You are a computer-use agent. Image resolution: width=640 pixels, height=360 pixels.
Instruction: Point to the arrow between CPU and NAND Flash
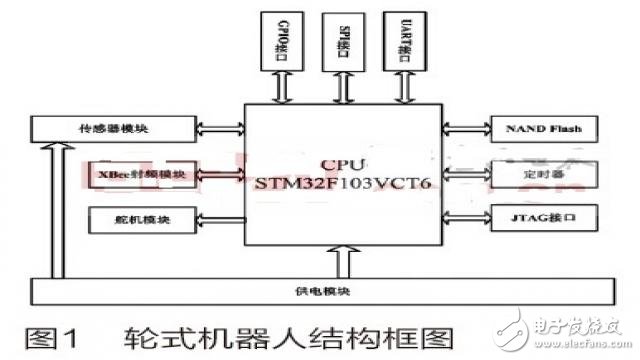tap(465, 129)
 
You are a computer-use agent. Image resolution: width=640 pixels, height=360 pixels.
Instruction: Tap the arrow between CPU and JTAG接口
tap(465, 216)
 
